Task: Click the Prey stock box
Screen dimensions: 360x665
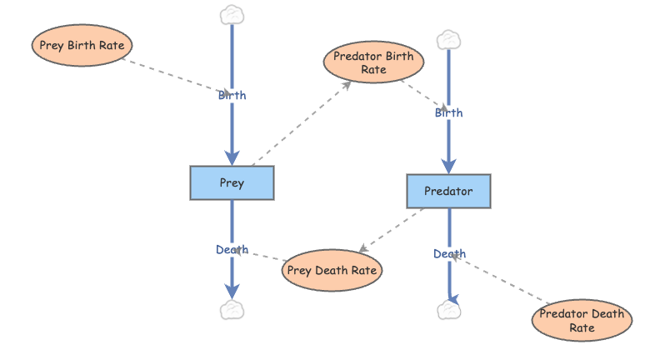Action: tap(232, 182)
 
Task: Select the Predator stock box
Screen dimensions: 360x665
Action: tap(448, 191)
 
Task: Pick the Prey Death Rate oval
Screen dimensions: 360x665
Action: tap(332, 270)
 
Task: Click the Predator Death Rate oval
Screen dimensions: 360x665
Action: tap(582, 321)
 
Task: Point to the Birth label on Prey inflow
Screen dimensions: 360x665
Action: tap(232, 95)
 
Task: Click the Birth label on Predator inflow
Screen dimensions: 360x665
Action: tap(448, 112)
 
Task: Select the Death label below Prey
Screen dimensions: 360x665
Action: tap(232, 249)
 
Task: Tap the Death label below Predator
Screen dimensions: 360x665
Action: tap(449, 253)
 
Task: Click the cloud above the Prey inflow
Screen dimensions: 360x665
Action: tap(232, 14)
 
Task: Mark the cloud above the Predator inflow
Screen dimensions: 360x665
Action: tap(448, 39)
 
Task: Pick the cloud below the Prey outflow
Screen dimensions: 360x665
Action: tap(232, 311)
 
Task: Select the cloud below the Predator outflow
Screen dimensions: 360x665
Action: tap(448, 311)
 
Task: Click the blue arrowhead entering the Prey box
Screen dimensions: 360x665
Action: tap(232, 158)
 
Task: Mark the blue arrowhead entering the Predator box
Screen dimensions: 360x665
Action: tap(448, 166)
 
